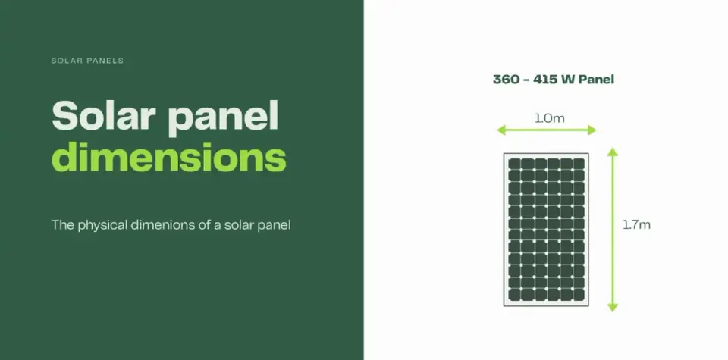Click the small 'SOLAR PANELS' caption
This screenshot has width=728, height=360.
(x=87, y=61)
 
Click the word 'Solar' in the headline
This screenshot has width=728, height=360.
(x=104, y=115)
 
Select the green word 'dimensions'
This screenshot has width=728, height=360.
(x=169, y=158)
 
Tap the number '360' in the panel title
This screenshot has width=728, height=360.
(x=506, y=80)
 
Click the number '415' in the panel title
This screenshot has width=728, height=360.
(x=545, y=80)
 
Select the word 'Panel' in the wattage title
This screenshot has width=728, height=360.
(x=596, y=80)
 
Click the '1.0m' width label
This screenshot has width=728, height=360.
(x=550, y=118)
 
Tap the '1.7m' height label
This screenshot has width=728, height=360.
(x=636, y=225)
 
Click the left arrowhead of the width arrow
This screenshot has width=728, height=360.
(x=500, y=130)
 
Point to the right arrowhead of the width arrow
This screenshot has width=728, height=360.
(x=592, y=130)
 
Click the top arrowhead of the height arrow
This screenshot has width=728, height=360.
(x=613, y=152)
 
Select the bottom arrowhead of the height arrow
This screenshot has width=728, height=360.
(x=613, y=308)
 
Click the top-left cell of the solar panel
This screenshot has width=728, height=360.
(x=514, y=164)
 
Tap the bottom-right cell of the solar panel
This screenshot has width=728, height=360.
(x=579, y=295)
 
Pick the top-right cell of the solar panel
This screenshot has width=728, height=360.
(x=579, y=164)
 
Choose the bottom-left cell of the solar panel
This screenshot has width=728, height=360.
(x=514, y=295)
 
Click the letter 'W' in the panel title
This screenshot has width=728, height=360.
(x=568, y=80)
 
